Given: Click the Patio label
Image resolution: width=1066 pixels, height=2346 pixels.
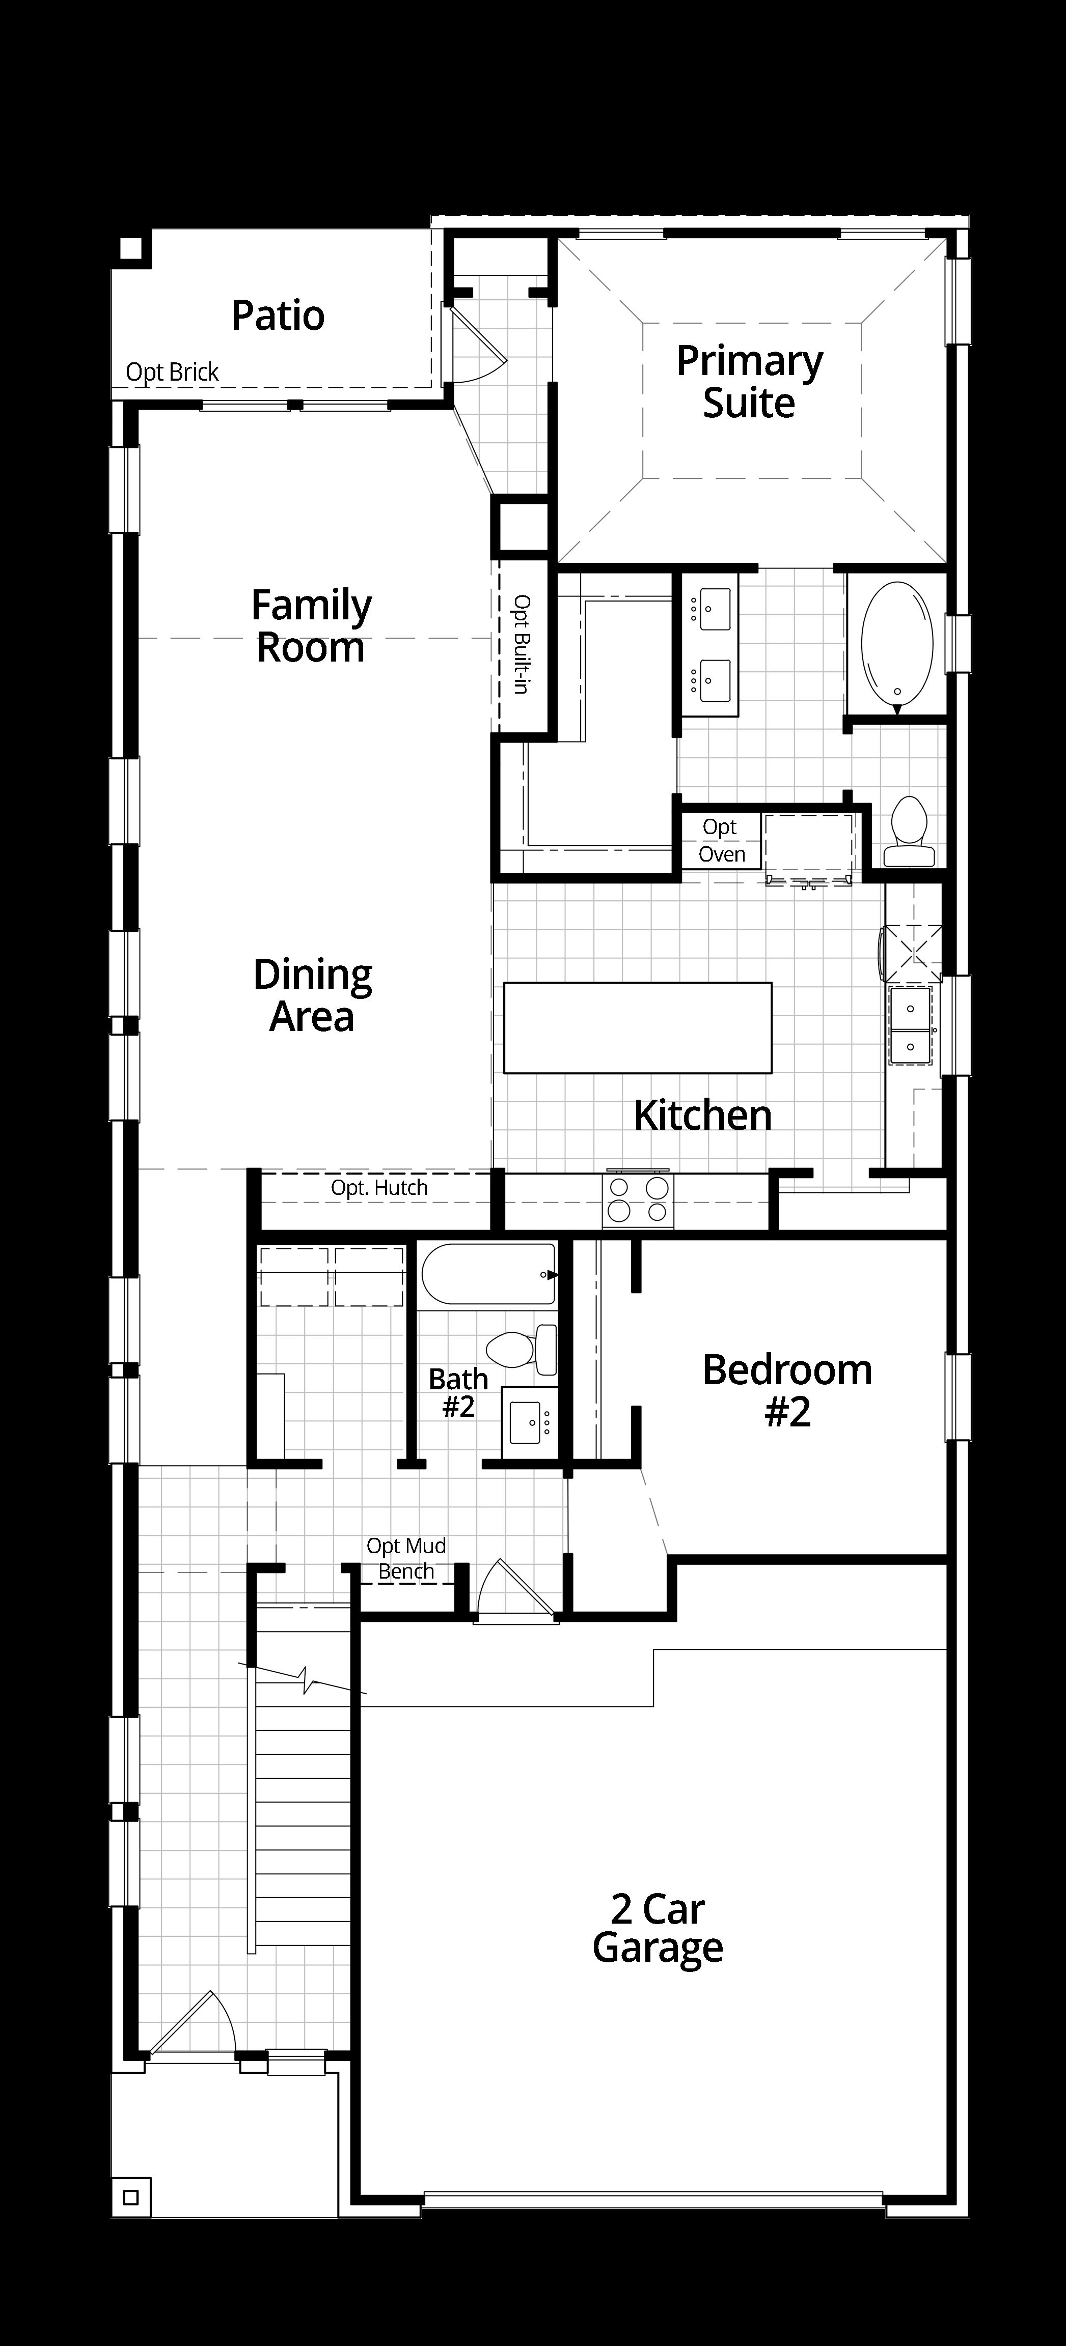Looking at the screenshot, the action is point(278,316).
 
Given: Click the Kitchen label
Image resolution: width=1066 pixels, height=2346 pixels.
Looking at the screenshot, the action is point(702,1115).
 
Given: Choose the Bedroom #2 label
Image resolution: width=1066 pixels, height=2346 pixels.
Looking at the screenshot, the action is point(787,1391).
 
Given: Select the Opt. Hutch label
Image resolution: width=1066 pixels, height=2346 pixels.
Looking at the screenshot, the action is point(379,1188).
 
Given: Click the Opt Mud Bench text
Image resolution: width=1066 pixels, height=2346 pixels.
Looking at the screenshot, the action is point(406,1558).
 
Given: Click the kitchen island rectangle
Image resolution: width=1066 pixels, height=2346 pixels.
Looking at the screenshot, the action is point(638,1027).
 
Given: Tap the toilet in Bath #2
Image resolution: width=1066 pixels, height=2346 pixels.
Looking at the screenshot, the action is point(522,1349).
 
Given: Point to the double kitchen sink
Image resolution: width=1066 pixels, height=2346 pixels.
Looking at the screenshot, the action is point(910,1025).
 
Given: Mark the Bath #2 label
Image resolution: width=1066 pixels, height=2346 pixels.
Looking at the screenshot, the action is point(458,1392).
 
